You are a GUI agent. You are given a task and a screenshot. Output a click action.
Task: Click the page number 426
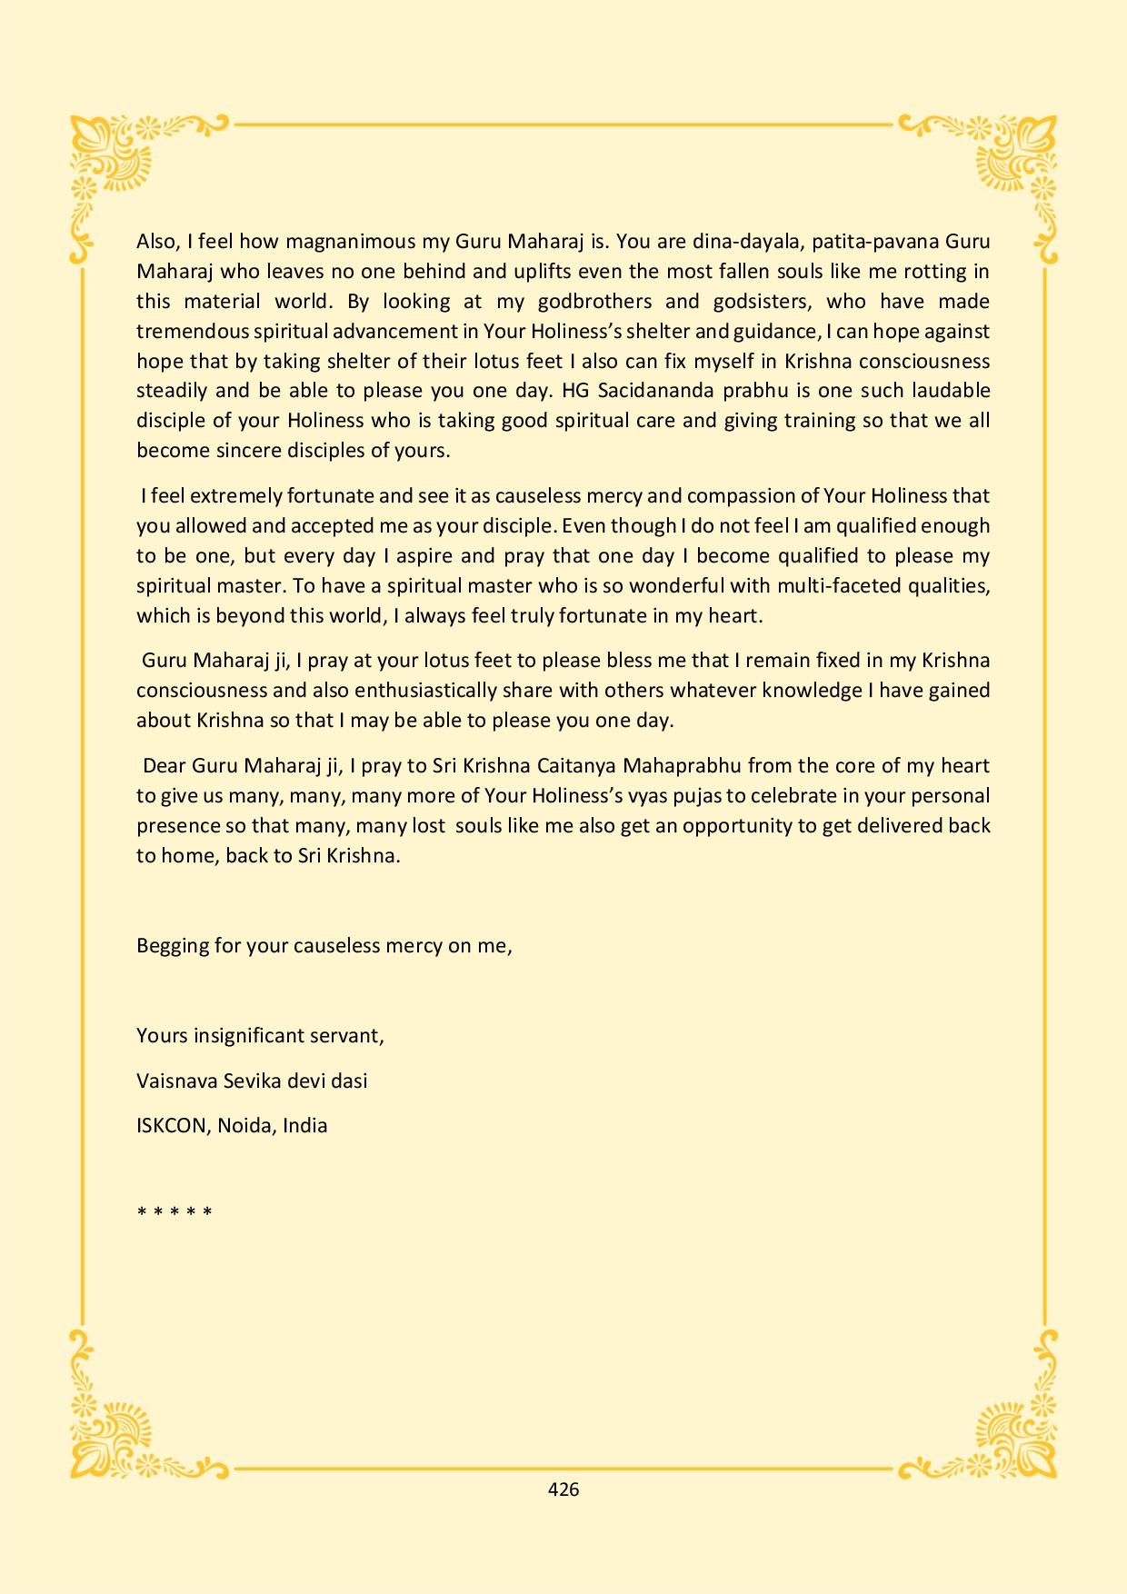(563, 1489)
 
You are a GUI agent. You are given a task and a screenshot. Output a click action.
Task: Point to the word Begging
(173, 945)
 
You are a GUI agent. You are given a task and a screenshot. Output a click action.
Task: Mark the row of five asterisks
(175, 1211)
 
